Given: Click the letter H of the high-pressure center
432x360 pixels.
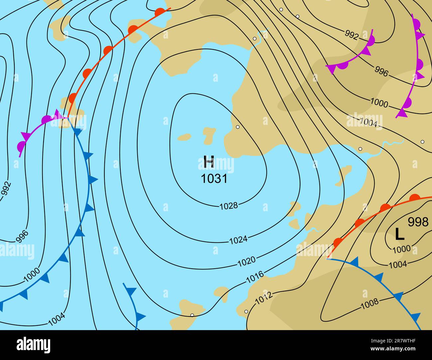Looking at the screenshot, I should point(209,162).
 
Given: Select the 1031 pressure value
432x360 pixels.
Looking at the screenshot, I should point(214,179).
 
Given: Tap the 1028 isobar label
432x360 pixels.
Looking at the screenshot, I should point(229,206).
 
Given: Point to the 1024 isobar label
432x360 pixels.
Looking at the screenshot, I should point(238,239).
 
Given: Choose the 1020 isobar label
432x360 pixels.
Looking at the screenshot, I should point(247,261).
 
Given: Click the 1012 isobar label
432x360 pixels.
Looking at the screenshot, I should point(264,298).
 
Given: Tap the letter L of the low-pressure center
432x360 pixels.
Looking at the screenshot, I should point(399,234).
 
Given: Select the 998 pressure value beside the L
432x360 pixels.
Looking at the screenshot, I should point(418,222).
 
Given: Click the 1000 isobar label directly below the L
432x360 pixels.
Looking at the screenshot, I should point(401,249).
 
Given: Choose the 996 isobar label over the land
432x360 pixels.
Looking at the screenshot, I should point(381,71).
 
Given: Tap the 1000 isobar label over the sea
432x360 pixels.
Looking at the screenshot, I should point(32,274).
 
